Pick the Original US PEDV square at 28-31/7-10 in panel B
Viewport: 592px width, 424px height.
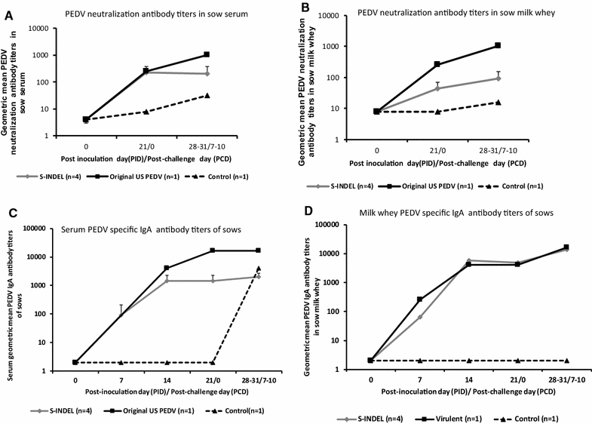[x=498, y=45]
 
